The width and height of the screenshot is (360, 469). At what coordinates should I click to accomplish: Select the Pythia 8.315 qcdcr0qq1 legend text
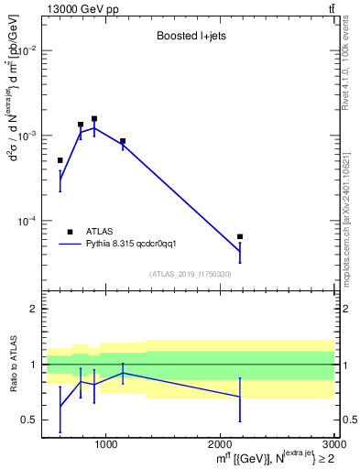(136, 245)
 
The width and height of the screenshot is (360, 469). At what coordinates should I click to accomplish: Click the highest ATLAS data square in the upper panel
(94, 118)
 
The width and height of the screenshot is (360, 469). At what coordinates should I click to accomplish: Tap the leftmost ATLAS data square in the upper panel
(60, 160)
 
